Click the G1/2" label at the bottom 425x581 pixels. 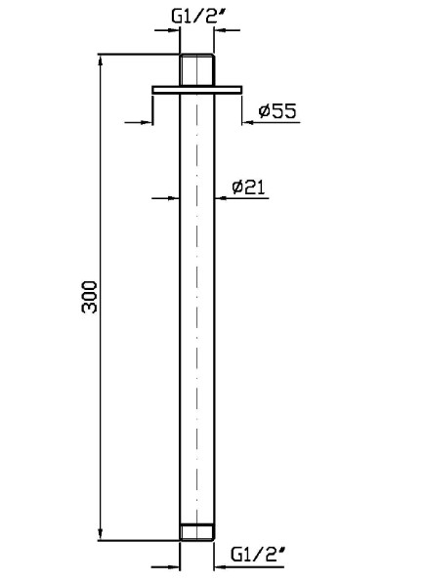click(x=258, y=554)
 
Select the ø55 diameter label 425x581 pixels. click(x=277, y=110)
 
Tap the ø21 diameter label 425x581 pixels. click(x=248, y=187)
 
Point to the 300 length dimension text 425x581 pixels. click(x=89, y=297)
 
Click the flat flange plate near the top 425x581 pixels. click(x=197, y=90)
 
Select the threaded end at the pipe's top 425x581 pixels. click(x=197, y=70)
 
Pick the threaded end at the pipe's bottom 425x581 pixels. click(x=197, y=532)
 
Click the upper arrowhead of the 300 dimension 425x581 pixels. click(x=100, y=62)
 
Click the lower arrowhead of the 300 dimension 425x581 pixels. click(x=100, y=533)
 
